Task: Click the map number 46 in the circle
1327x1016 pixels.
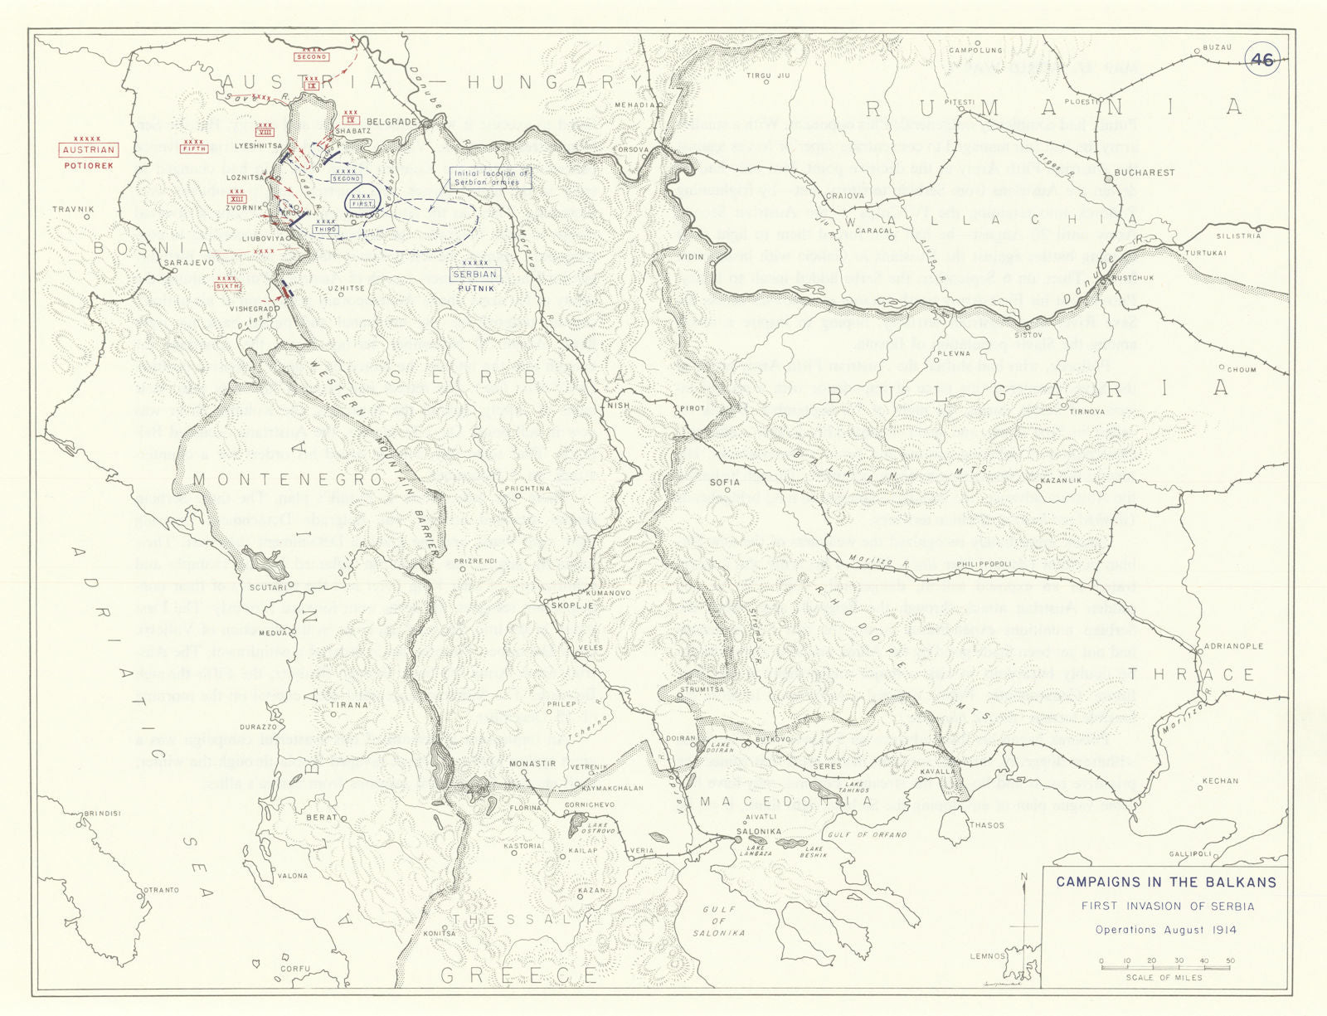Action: pos(1261,59)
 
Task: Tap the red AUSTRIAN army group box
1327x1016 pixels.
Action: pos(89,150)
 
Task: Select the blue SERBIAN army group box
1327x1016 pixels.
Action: pos(475,274)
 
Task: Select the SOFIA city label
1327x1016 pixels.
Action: pos(725,481)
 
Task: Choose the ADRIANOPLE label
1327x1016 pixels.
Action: pos(1234,646)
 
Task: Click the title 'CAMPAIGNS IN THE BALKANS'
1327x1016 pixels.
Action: pos(1165,882)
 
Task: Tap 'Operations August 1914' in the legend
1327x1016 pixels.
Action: pos(1165,930)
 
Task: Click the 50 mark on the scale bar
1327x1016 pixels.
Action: pos(1229,961)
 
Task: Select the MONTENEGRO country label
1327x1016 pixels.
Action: pos(287,479)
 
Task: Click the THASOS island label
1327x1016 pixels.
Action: pos(986,825)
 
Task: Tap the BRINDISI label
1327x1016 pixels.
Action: pos(100,814)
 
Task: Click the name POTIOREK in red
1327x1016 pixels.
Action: pos(89,165)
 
